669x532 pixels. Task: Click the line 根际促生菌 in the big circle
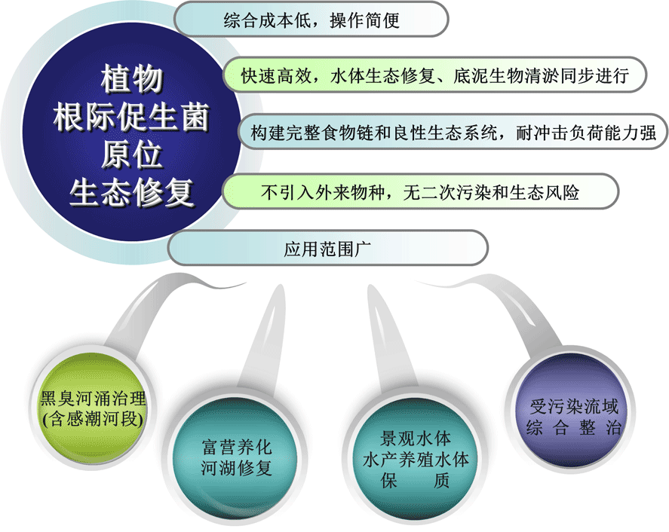click(132, 118)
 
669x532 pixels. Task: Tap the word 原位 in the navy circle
click(132, 156)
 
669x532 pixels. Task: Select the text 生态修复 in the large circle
click(132, 194)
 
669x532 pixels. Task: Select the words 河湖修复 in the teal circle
click(236, 469)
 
